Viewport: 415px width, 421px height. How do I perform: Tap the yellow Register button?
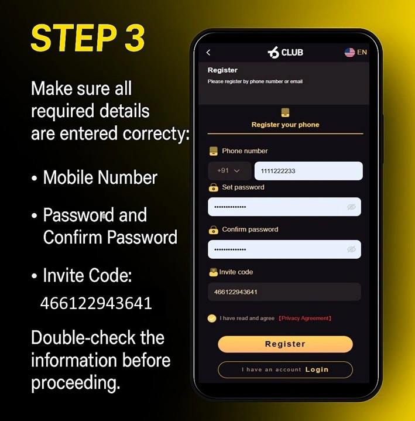tap(285, 344)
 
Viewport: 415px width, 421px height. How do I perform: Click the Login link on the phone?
tap(317, 369)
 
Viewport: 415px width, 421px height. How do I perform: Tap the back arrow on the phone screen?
tap(208, 53)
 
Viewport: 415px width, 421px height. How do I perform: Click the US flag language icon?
tap(349, 53)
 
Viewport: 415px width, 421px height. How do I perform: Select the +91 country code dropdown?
tap(229, 171)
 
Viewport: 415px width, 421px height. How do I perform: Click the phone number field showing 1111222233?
tap(308, 171)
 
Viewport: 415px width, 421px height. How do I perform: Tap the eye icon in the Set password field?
tap(351, 207)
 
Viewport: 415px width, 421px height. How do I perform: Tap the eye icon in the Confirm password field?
tap(351, 249)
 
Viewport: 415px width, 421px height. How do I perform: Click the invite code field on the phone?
tap(284, 292)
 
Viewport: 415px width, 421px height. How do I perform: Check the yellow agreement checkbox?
tap(212, 319)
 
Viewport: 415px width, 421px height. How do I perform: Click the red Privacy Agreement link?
tap(304, 319)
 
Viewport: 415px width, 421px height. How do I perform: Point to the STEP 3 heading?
tap(87, 39)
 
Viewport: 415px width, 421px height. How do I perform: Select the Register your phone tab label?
tap(285, 125)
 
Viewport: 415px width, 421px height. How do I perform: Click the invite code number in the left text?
tap(96, 303)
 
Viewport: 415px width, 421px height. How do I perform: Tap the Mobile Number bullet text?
tap(100, 177)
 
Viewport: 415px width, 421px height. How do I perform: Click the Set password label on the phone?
tap(243, 187)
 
